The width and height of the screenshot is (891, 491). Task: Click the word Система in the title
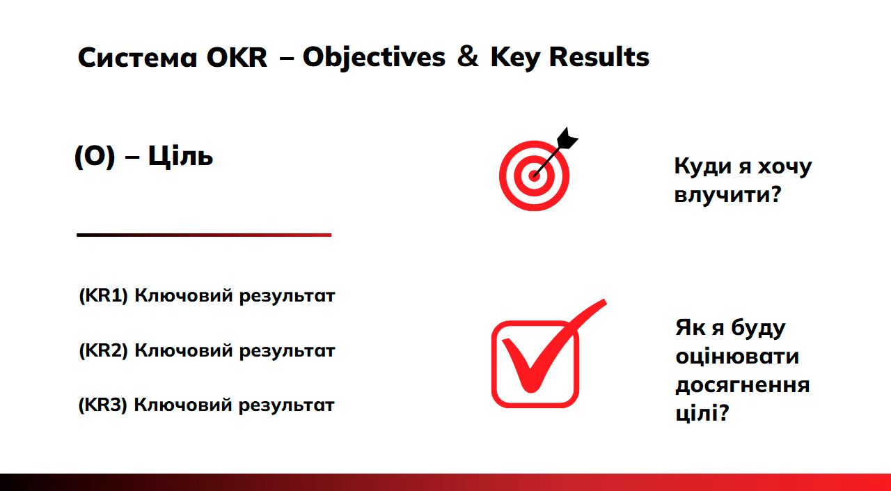pyautogui.click(x=137, y=58)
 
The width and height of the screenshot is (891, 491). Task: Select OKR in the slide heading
pyautogui.click(x=237, y=58)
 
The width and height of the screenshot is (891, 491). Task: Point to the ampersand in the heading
pyautogui.click(x=467, y=57)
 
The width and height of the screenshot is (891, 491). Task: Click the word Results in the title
pyautogui.click(x=599, y=57)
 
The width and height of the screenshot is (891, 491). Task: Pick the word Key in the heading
pyautogui.click(x=515, y=59)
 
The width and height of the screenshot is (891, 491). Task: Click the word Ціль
pyautogui.click(x=180, y=157)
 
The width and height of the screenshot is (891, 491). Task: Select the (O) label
pyautogui.click(x=95, y=157)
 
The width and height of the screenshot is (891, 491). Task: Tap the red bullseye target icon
pyautogui.click(x=534, y=176)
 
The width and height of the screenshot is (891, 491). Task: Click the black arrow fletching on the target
pyautogui.click(x=567, y=139)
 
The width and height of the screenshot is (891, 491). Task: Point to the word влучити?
pyautogui.click(x=728, y=194)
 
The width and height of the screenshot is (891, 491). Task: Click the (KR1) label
pyautogui.click(x=104, y=295)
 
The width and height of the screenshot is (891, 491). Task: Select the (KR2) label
pyautogui.click(x=104, y=350)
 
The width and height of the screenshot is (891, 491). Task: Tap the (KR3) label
pyautogui.click(x=102, y=405)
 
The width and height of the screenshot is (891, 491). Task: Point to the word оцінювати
pyautogui.click(x=737, y=356)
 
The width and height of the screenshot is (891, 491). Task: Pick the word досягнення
pyautogui.click(x=743, y=384)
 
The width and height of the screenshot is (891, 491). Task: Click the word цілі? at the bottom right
pyautogui.click(x=702, y=412)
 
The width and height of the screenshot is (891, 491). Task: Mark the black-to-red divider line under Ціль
pyautogui.click(x=204, y=235)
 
